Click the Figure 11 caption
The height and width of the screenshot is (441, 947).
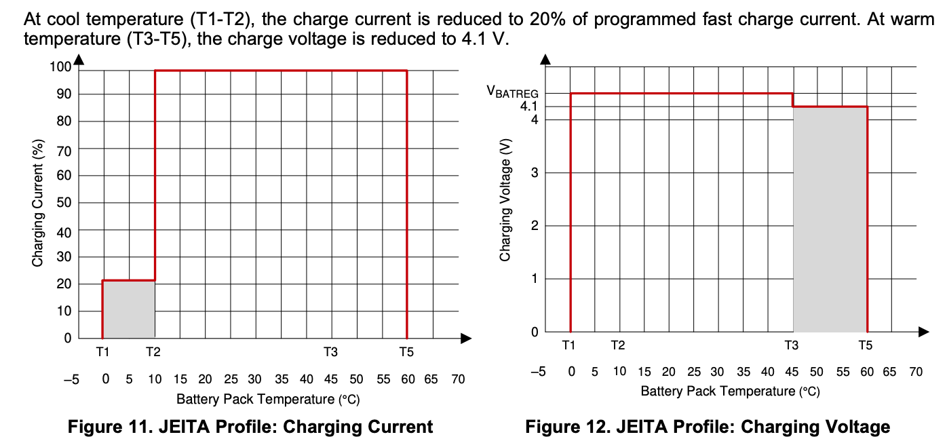[250, 427]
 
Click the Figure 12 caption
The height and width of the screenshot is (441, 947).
[708, 427]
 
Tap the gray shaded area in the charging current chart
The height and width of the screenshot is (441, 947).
[129, 309]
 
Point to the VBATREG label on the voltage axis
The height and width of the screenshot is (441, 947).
[514, 92]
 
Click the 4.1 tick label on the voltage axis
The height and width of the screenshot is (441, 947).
[528, 107]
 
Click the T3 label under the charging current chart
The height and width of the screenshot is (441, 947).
[330, 352]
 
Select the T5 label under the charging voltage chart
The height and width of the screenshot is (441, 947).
[865, 345]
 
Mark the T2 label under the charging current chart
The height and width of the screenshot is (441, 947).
[153, 352]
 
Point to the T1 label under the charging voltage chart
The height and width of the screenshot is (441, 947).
[569, 345]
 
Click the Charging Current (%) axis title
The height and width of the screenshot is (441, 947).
[38, 203]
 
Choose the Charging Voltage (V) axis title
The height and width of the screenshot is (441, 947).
[505, 200]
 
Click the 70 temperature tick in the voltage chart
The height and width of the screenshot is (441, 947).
[916, 372]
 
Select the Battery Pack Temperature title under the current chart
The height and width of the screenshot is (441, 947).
[268, 399]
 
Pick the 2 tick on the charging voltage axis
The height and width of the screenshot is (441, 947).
[534, 226]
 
